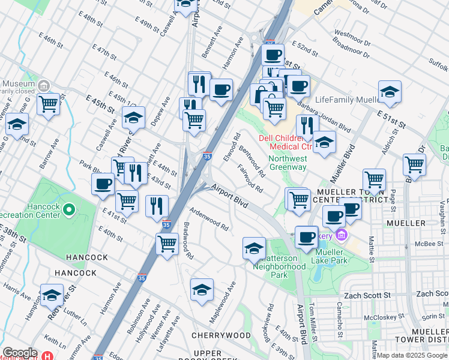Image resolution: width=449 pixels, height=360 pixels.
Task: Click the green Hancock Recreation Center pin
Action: pos(69,210)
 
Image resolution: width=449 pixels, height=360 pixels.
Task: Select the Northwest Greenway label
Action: pos(288,163)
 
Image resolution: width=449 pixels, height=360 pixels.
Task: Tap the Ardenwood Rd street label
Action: pos(209,220)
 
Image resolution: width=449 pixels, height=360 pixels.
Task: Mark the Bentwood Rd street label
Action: pos(252,160)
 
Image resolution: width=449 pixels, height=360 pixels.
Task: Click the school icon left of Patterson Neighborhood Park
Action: pos(254,247)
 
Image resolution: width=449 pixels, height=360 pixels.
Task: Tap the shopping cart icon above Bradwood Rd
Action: pos(166,243)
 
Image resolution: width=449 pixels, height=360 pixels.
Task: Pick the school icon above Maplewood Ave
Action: pos(202,289)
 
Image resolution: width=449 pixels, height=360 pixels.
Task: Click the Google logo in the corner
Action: pos(20,353)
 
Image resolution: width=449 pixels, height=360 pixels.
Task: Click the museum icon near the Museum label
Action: pos(43,86)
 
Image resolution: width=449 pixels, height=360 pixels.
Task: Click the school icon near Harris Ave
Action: pos(52,295)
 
